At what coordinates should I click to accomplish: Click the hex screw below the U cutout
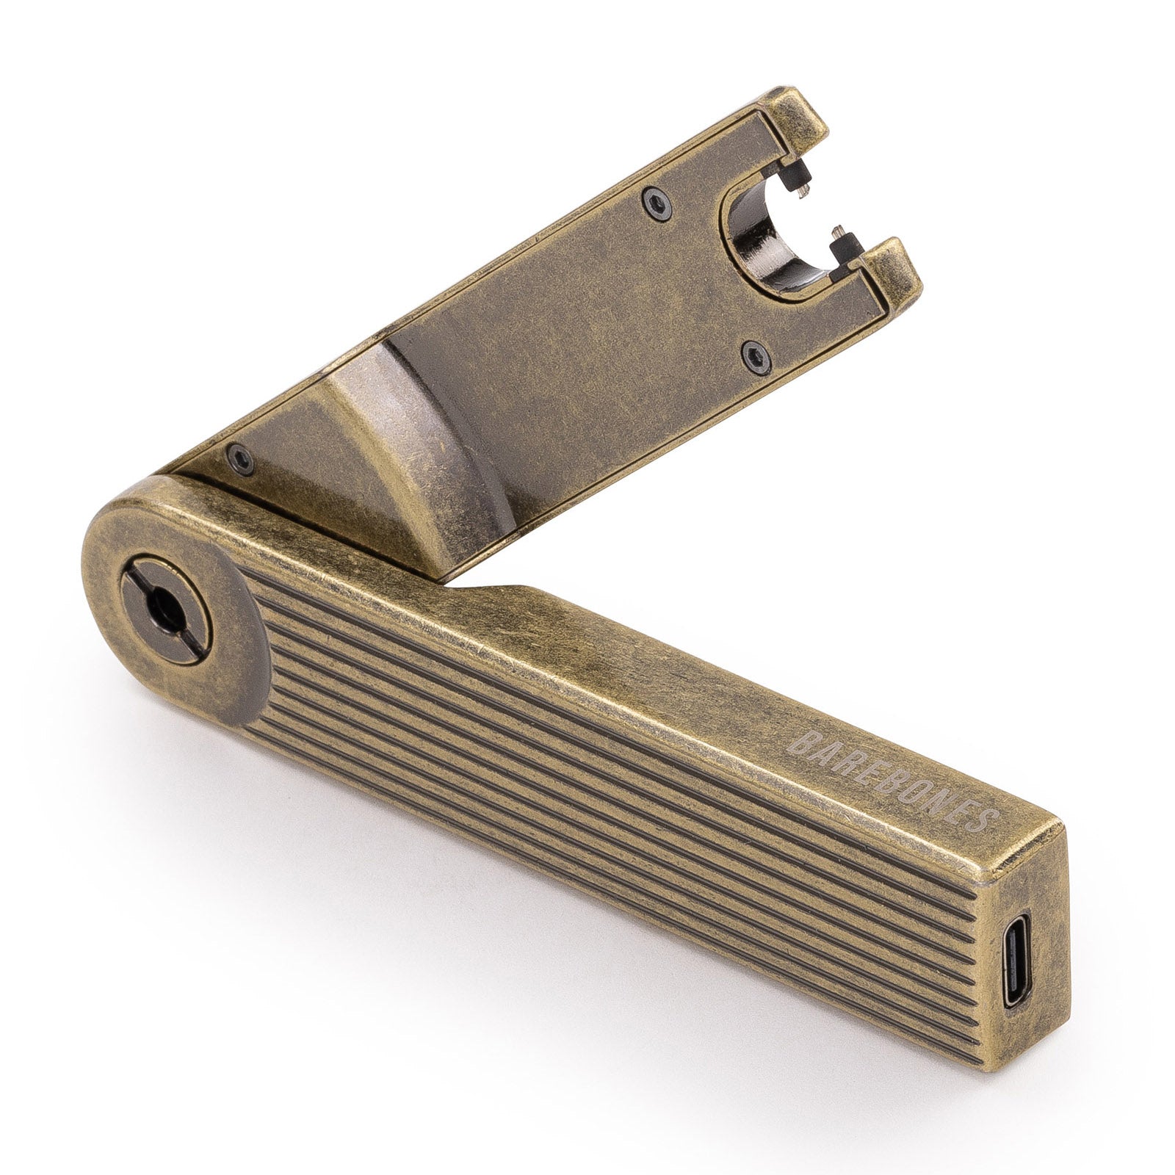[753, 356]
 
